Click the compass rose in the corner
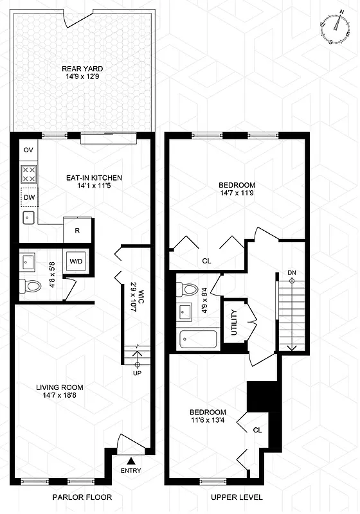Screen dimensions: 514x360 pyautogui.click(x=334, y=30)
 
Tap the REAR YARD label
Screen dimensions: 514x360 pyautogui.click(x=82, y=69)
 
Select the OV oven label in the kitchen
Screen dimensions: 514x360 pyautogui.click(x=28, y=150)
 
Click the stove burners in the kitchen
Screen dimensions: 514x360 pyautogui.click(x=29, y=174)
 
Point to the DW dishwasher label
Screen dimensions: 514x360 pyautogui.click(x=29, y=198)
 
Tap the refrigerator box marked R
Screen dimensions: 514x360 pyautogui.click(x=77, y=230)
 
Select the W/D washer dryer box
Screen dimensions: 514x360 pyautogui.click(x=76, y=261)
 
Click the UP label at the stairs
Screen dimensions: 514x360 pyautogui.click(x=136, y=373)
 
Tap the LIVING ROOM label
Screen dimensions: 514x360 pyautogui.click(x=60, y=387)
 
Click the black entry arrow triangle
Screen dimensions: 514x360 pyautogui.click(x=130, y=459)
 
